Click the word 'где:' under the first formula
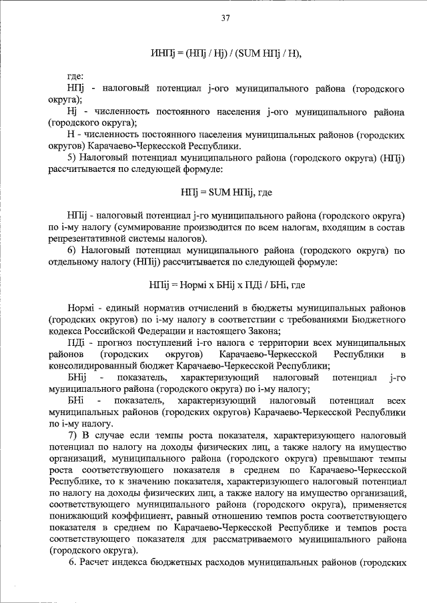point(76,76)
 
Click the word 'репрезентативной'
point(86,239)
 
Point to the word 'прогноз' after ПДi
point(107,342)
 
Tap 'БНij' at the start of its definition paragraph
point(79,377)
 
